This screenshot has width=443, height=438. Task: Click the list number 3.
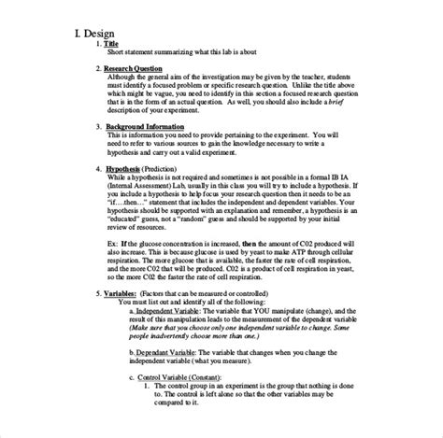[x=99, y=124]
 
